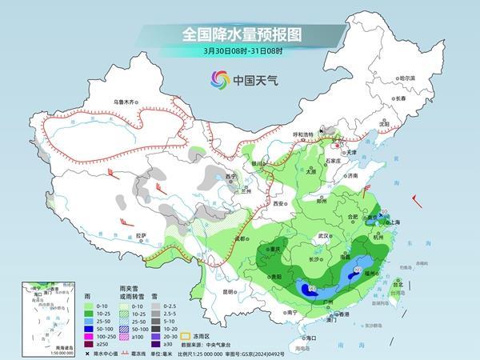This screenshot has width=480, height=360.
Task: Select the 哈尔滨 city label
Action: [x=407, y=78]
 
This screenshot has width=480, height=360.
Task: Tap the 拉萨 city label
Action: [x=142, y=235]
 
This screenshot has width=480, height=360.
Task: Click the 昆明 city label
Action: [x=230, y=291]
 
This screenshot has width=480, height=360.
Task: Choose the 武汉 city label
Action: [x=323, y=236]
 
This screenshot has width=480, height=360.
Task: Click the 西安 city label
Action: [x=277, y=204]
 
